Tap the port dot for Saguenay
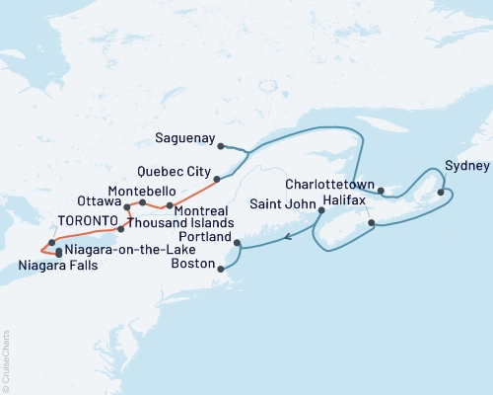point(221,146)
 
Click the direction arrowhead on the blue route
point(287,236)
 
